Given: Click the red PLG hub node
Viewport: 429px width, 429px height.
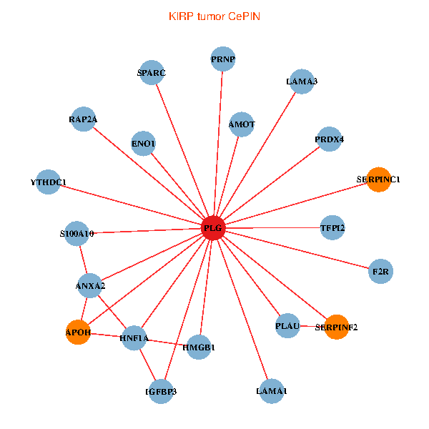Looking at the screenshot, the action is [x=213, y=228].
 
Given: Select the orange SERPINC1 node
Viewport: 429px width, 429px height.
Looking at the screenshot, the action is [x=379, y=179].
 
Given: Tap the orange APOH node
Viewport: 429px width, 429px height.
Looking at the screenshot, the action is [x=78, y=332].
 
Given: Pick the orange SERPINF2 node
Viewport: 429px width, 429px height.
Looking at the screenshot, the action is [x=337, y=327].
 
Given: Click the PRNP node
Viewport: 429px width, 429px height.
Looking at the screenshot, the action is [x=223, y=59].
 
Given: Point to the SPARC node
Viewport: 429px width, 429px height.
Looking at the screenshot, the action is [x=152, y=72].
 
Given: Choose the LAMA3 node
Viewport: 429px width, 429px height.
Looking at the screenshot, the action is [x=302, y=82].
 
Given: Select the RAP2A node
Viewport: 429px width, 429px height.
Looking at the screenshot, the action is [x=83, y=119].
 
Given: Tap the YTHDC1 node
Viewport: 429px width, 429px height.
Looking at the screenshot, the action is [x=48, y=182].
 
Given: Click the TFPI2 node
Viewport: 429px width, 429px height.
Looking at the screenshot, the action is [x=332, y=227].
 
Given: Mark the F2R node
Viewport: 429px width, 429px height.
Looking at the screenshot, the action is [x=380, y=272].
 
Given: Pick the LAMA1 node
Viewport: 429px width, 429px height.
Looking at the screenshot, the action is [x=272, y=391].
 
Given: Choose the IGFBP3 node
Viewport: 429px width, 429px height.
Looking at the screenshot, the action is [x=161, y=392].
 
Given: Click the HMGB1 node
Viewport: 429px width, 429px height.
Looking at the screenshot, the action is [x=199, y=347].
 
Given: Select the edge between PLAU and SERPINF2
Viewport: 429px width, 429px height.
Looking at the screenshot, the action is [x=312, y=326].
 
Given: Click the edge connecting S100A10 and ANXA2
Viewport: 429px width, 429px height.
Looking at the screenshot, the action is [x=84, y=260].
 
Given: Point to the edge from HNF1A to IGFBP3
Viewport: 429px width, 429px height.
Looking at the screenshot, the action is [x=147, y=365].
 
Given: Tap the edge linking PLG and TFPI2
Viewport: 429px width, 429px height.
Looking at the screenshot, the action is [x=273, y=227].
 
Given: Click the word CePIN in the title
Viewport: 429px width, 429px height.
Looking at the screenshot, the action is [x=244, y=16].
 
